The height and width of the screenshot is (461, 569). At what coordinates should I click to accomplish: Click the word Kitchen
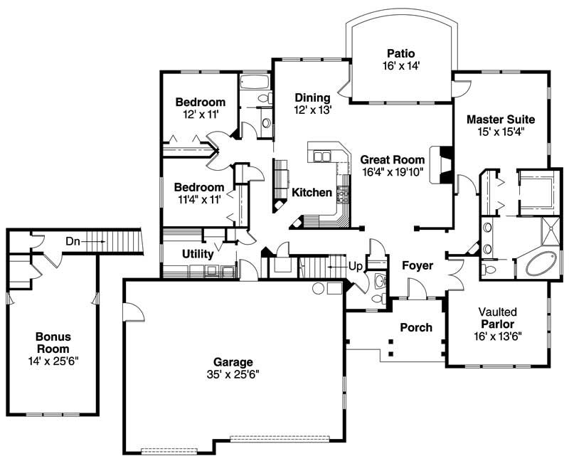(312, 193)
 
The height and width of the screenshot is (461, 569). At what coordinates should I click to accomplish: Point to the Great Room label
(392, 160)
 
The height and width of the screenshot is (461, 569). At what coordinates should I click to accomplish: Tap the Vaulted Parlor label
(497, 318)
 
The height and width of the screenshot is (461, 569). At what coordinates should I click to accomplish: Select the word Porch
(416, 327)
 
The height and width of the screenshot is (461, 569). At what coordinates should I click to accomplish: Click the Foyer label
(418, 266)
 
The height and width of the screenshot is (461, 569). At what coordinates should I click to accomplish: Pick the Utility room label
(198, 253)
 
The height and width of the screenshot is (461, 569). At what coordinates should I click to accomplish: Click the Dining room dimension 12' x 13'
(312, 110)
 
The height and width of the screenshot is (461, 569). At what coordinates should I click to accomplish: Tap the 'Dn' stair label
(73, 241)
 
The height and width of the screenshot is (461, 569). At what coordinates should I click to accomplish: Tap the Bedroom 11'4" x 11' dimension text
(198, 199)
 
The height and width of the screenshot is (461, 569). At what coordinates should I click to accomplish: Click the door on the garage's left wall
(129, 312)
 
